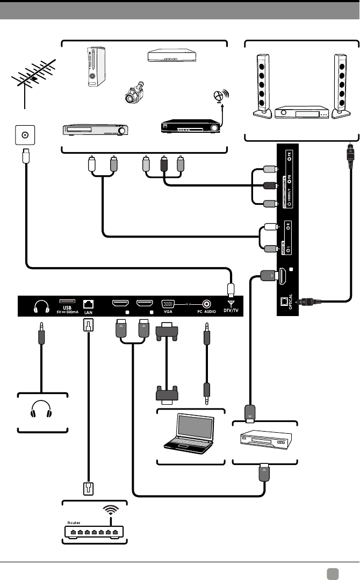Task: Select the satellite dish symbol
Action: (x=219, y=97)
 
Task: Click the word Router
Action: (x=74, y=522)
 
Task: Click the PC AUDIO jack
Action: (x=205, y=304)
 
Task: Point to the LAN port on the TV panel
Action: (x=89, y=303)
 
